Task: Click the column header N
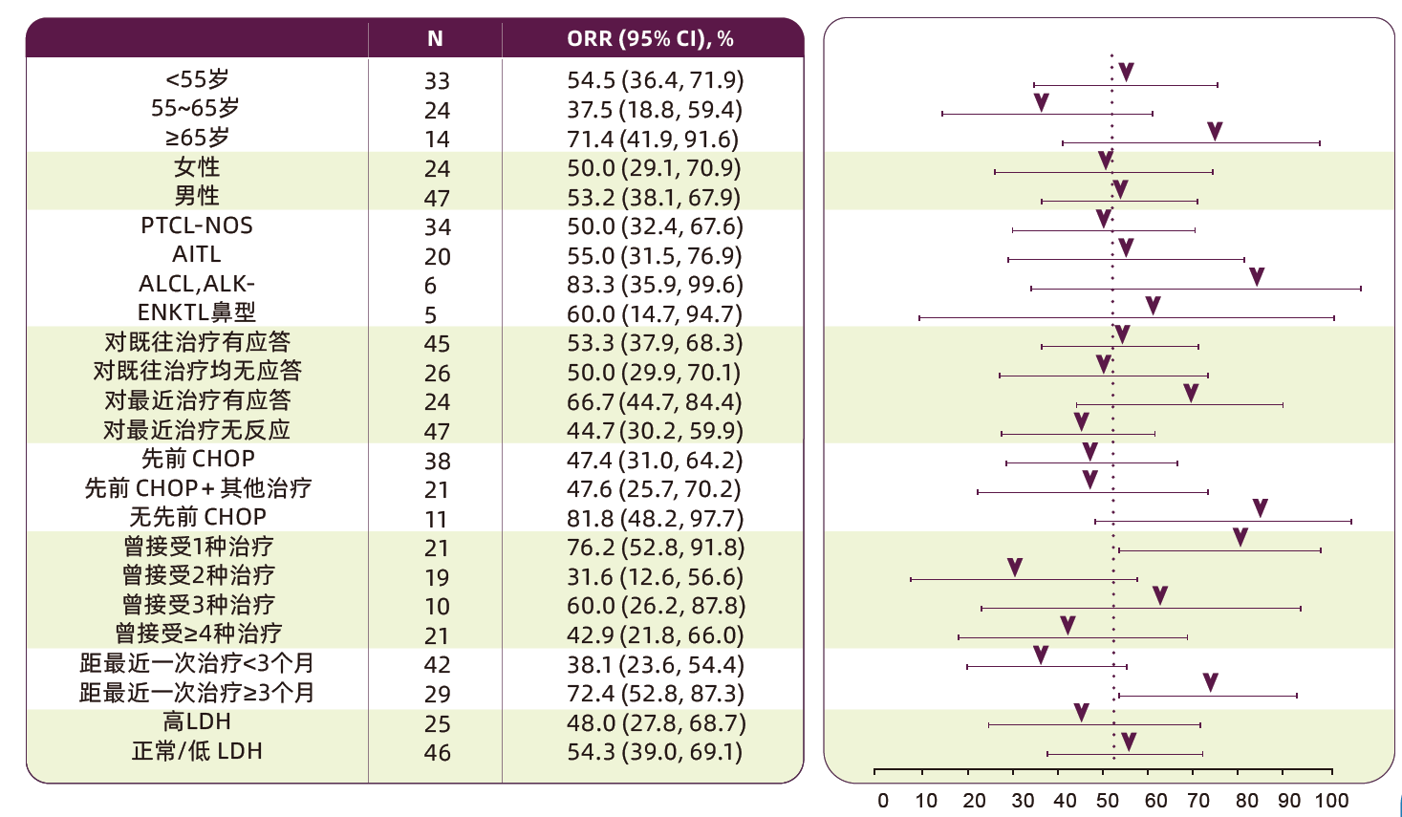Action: (x=435, y=39)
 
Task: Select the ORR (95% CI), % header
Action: (x=650, y=39)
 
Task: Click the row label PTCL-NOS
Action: (x=197, y=226)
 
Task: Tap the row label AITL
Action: (x=197, y=254)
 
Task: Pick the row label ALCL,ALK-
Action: (x=197, y=284)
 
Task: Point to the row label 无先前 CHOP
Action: (x=198, y=517)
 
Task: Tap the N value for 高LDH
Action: (x=437, y=723)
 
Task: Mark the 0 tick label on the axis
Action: (x=883, y=801)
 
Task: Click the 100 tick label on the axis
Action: (x=1331, y=801)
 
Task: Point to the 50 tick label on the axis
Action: (x=1108, y=801)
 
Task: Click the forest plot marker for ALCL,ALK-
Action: (x=1257, y=277)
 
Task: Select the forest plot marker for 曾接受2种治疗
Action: (x=1015, y=568)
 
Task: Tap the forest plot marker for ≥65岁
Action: (x=1215, y=132)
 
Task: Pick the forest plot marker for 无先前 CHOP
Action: (x=1261, y=508)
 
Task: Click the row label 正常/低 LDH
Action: (x=197, y=751)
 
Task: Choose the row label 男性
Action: (x=197, y=196)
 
